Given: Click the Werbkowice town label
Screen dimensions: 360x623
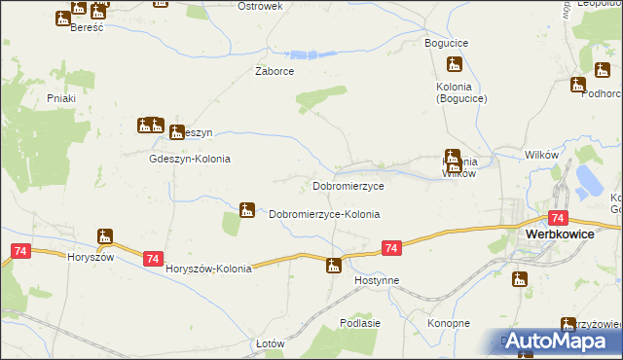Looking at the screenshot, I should [x=572, y=234].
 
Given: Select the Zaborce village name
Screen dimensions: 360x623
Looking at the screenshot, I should [x=275, y=71].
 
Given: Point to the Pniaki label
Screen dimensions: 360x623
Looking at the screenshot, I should [x=61, y=97].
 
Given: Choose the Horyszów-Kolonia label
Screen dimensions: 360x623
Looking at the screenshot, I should [x=208, y=269].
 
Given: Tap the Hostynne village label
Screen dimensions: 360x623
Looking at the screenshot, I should [x=377, y=279].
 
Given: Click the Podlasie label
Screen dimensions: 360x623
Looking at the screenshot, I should [x=359, y=322].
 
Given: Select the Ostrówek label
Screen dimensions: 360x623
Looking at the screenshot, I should [x=260, y=6].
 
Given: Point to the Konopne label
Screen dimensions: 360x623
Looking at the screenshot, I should [x=449, y=322].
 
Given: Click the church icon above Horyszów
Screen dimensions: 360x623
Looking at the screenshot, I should [x=105, y=236].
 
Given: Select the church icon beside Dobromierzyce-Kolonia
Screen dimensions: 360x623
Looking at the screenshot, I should [x=247, y=209].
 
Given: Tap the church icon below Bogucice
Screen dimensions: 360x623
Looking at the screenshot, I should [x=453, y=66].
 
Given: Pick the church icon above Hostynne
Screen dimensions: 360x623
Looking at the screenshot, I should [x=334, y=265].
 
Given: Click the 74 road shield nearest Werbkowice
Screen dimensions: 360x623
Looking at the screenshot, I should [x=558, y=219].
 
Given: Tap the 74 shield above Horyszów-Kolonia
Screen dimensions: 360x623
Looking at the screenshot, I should [x=153, y=258].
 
